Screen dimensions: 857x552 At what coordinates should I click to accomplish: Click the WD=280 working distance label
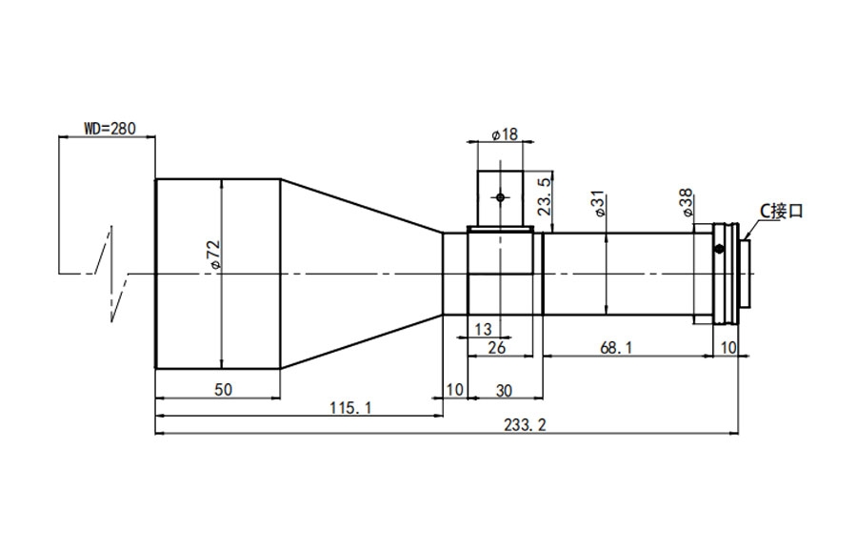(x=110, y=129)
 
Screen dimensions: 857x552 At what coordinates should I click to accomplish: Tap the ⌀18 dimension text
(x=504, y=134)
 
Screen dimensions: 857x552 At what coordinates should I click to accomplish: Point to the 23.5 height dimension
(x=544, y=195)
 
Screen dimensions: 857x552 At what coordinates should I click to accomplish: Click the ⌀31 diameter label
(x=599, y=203)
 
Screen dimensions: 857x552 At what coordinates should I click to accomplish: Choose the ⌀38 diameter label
(x=687, y=202)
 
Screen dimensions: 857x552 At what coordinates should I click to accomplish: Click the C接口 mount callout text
(x=782, y=211)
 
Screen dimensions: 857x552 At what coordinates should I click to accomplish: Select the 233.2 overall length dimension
(x=525, y=425)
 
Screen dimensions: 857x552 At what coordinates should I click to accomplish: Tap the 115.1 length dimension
(x=350, y=408)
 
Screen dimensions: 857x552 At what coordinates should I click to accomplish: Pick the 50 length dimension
(x=223, y=390)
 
